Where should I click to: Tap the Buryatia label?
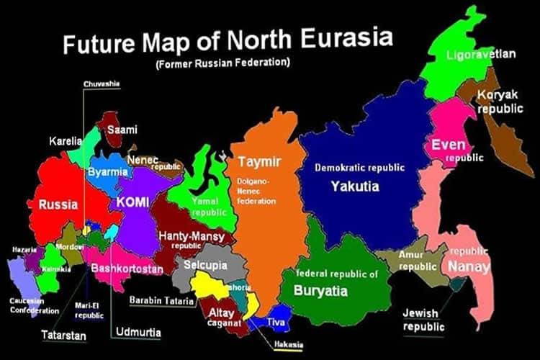point(320,291)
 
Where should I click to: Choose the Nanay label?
point(469,267)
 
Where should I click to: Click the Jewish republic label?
point(423,320)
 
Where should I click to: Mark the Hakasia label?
point(288,344)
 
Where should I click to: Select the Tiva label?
point(276,321)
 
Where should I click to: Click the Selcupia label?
point(205,266)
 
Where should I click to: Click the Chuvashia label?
point(102,84)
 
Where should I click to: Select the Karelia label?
point(66,140)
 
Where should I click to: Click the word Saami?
point(122,130)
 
